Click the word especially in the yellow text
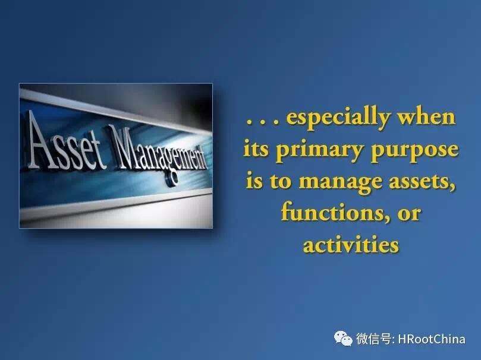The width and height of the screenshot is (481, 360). [x=338, y=118]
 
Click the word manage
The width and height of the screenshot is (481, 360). [x=341, y=182]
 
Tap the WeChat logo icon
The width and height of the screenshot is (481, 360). [x=343, y=338]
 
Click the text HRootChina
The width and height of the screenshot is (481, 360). [x=432, y=339]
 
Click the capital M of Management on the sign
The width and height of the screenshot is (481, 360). [x=121, y=147]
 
